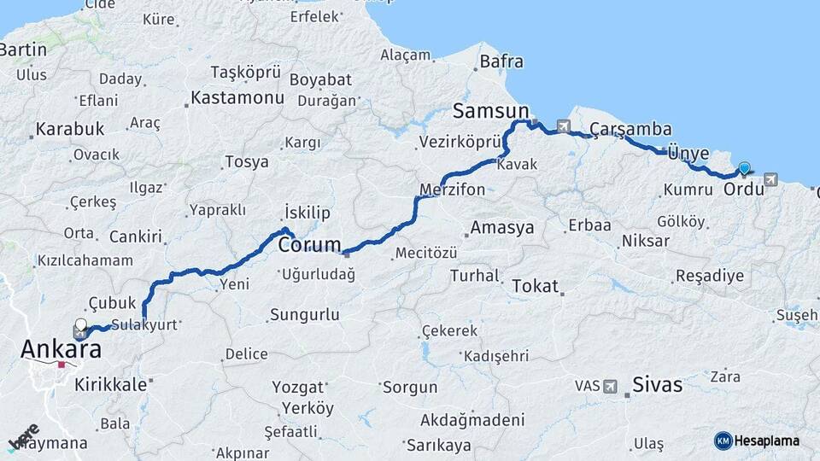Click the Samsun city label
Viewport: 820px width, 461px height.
490,110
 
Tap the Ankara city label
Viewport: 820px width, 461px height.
60,349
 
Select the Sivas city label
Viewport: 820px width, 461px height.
657,385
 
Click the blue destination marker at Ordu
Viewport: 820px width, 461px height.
745,169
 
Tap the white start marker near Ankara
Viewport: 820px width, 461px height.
81,325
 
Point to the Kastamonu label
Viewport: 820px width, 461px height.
237,97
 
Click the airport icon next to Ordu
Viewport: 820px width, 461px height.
772,179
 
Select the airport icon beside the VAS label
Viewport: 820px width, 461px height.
610,386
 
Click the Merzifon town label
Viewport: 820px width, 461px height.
452,189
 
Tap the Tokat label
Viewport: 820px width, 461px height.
535,286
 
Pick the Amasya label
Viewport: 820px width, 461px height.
502,228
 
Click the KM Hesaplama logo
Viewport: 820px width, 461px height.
756,441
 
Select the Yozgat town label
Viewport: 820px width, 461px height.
298,387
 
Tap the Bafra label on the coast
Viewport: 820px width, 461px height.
501,61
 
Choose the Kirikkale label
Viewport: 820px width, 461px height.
111,384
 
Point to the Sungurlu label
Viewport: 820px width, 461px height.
304,315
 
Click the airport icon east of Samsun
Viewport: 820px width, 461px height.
564,126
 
